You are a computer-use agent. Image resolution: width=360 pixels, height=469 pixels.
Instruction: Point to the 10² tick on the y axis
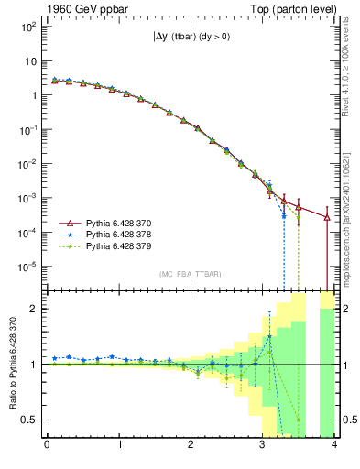click(x=28, y=27)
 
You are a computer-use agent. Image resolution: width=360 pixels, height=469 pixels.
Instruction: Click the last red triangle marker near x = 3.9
click(x=327, y=217)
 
